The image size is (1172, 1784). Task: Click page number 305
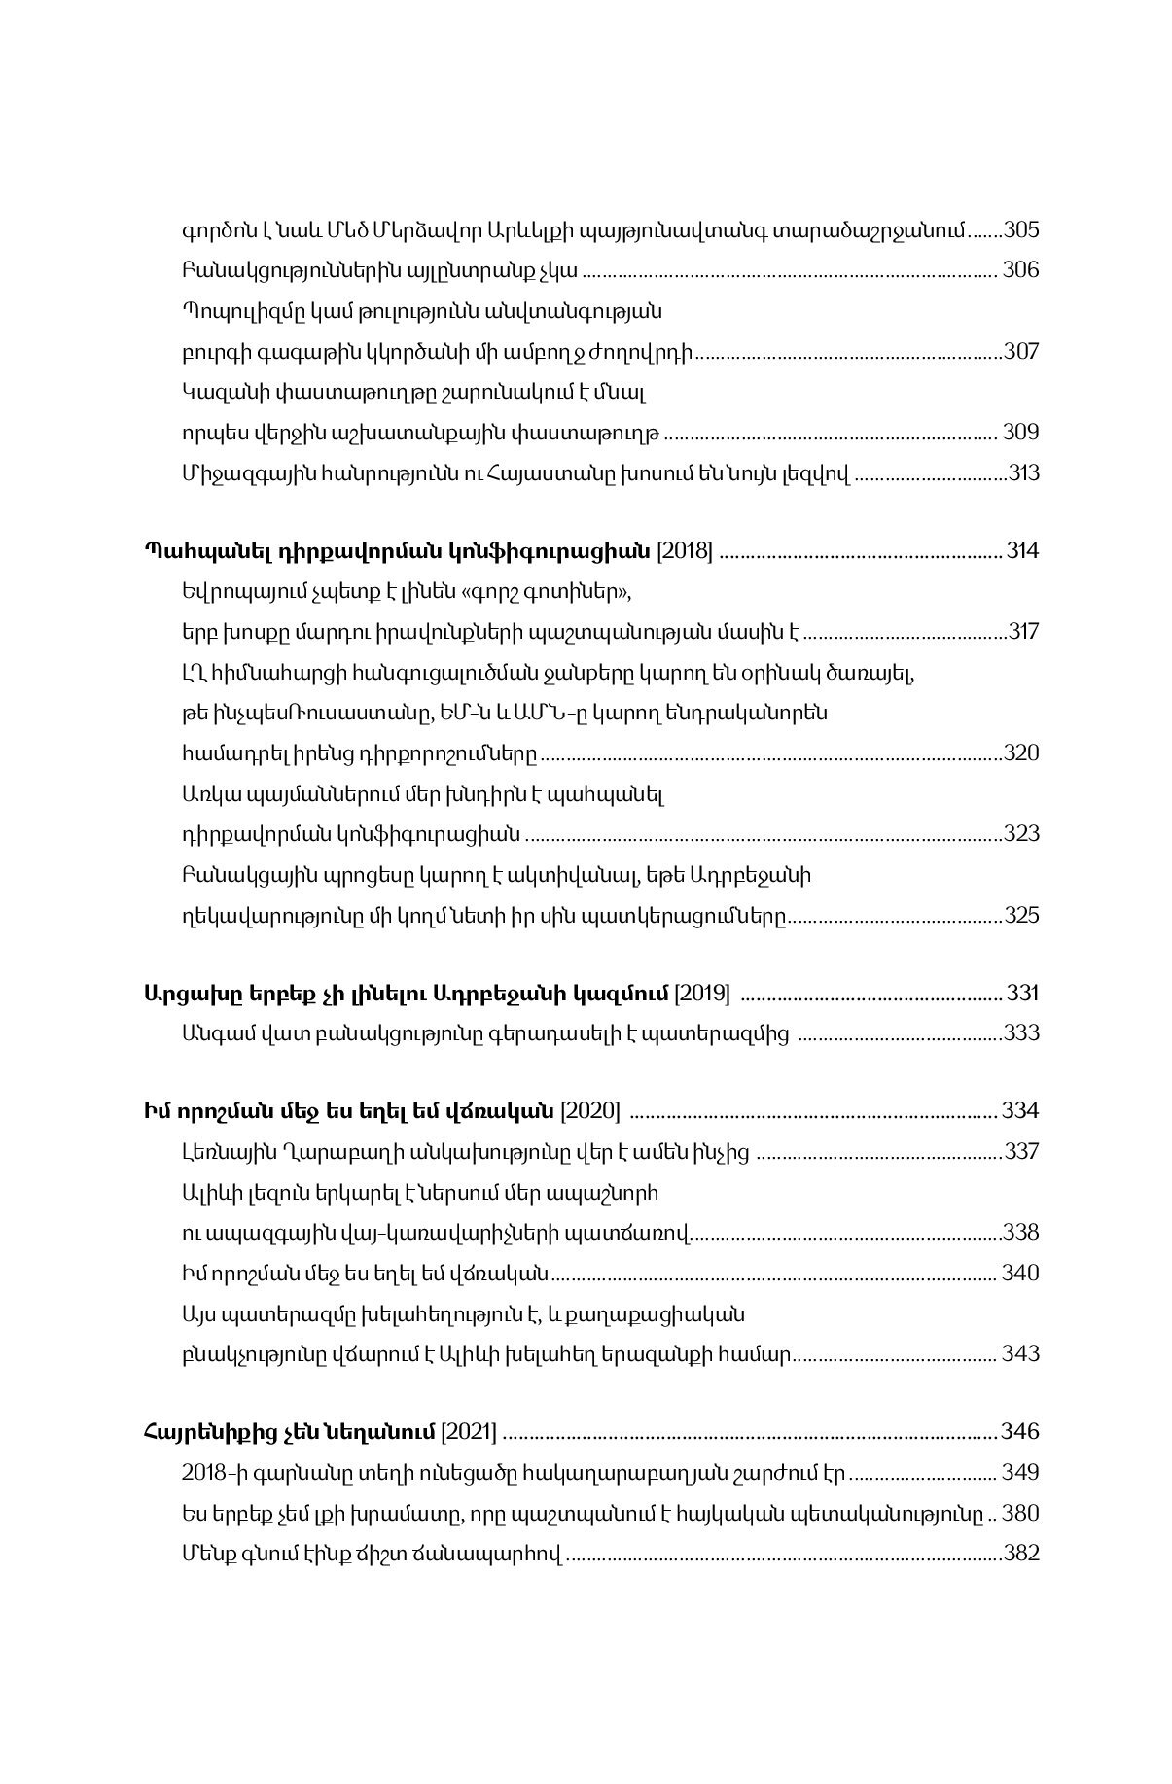click(1021, 230)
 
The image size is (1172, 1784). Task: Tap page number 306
click(1020, 269)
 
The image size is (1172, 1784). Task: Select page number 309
click(1020, 432)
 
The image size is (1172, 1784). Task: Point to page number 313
click(1023, 473)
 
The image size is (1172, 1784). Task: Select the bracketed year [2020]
click(591, 1110)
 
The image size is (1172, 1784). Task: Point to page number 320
click(1021, 753)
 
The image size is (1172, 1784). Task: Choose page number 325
click(1021, 915)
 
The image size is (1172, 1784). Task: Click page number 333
click(1021, 1032)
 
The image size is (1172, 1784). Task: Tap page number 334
click(1020, 1110)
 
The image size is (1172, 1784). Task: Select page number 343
click(1020, 1353)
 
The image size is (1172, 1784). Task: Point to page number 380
click(1020, 1514)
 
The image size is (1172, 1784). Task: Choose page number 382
click(1021, 1554)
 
